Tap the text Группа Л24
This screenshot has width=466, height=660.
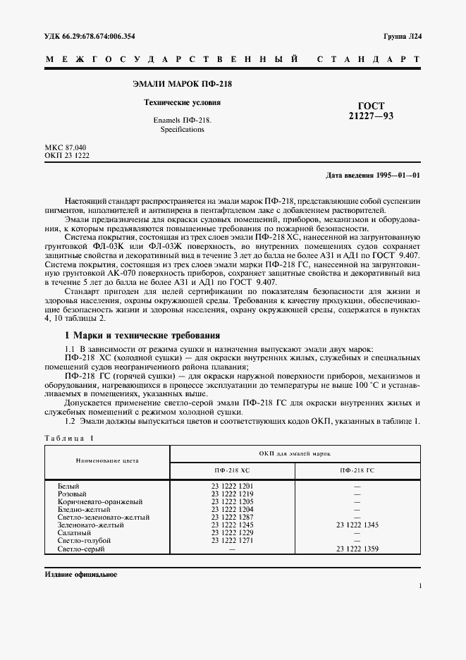[x=402, y=35]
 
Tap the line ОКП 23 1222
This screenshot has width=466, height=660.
[x=67, y=154]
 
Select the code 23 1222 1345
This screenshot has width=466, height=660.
[x=357, y=525]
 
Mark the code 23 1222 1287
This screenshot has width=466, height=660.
[x=232, y=518]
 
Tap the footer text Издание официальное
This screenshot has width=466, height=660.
[x=80, y=574]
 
